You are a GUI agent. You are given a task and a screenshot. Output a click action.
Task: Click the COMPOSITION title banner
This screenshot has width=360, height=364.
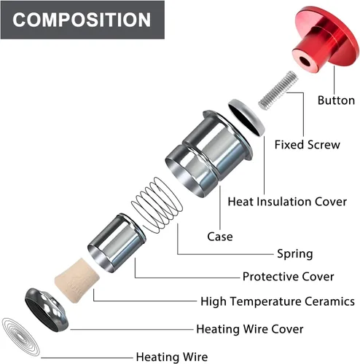point(82,20)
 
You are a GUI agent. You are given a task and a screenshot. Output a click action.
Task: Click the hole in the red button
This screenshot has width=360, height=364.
point(305,61)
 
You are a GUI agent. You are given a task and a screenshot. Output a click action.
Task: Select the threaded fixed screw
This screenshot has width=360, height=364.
point(278,90)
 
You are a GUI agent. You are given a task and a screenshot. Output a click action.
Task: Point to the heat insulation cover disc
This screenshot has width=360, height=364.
point(246,116)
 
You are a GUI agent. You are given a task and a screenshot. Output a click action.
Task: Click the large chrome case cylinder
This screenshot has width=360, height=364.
point(208,153)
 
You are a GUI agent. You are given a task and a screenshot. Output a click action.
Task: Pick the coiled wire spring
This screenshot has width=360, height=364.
point(157,205)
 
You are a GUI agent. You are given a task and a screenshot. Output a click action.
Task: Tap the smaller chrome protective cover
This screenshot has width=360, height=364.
point(117,243)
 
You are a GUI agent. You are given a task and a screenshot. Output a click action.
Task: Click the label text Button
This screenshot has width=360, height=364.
point(336,100)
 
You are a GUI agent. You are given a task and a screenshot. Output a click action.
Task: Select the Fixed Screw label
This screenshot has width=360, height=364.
point(308,145)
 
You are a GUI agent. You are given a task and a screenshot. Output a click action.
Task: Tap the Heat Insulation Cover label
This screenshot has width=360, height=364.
point(287,202)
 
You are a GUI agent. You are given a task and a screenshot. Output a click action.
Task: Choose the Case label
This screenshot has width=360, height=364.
point(220,237)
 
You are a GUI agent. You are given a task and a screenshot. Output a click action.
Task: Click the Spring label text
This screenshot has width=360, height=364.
point(295,254)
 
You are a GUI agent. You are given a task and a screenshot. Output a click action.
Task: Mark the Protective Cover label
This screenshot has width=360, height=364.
point(288,277)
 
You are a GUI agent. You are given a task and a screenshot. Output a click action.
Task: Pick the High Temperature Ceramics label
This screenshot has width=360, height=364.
point(278,301)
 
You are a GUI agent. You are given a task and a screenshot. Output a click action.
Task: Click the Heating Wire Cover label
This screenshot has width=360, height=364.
point(250,329)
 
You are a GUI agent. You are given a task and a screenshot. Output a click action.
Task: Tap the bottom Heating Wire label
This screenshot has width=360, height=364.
point(172,357)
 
